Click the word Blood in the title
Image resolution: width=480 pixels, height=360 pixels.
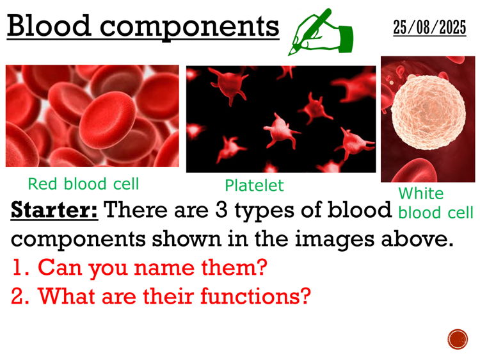click(x=46, y=26)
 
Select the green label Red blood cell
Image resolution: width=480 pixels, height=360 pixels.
click(x=83, y=184)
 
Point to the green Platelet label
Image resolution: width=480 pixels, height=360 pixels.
click(x=254, y=186)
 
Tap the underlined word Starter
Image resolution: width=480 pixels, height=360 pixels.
click(x=54, y=211)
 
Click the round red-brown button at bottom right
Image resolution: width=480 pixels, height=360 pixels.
click(x=458, y=339)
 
